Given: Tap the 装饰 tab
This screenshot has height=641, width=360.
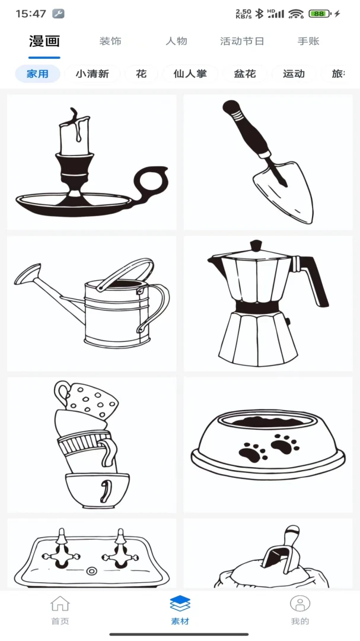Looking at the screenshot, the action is [110, 42].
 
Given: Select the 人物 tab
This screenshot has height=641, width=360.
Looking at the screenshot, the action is [177, 42].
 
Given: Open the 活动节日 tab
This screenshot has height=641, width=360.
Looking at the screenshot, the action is [242, 42].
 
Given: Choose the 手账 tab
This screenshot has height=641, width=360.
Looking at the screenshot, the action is [308, 42].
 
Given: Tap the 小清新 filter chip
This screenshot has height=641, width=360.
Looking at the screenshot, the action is [93, 74].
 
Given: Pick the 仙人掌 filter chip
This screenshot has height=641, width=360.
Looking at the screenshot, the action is [190, 74].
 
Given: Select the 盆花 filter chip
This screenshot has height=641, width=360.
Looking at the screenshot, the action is [245, 74].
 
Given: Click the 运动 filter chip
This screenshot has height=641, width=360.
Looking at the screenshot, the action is [294, 74].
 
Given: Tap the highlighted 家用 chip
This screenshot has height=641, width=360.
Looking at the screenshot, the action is [37, 74].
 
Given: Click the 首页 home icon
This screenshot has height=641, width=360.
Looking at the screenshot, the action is [60, 604].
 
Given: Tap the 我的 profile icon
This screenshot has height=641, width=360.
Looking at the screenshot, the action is [300, 604].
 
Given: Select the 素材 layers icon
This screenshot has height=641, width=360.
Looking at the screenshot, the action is [180, 604].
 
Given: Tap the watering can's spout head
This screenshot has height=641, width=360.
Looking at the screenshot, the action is [27, 274].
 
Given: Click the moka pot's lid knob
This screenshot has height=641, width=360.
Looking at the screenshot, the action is [256, 245].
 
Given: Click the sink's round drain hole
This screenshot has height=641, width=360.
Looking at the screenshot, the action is [92, 571].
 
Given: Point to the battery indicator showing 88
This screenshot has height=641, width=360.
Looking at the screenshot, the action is [320, 14].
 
